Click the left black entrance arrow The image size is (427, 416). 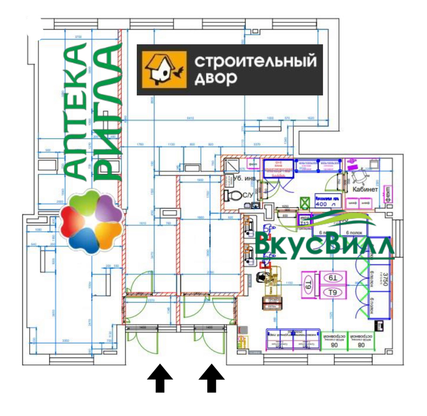160,378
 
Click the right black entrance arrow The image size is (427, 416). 212,378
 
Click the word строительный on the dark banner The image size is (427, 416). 255,61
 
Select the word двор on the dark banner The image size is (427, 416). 216,78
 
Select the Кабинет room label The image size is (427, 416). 365,189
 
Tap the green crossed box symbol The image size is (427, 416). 306,202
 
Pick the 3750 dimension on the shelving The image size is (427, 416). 385,280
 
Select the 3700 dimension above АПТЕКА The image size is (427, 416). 78,37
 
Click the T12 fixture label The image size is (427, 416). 305,223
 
